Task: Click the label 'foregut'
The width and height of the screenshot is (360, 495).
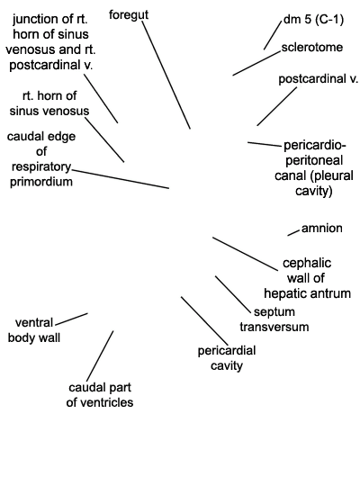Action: click(129, 15)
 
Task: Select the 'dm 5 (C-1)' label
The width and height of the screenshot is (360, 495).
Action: click(313, 20)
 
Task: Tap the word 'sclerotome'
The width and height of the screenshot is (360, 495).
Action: click(312, 48)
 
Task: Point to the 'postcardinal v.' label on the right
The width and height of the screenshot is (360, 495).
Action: click(319, 79)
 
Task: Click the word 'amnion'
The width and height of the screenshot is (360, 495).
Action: click(322, 228)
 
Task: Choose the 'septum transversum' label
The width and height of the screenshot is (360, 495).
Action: click(274, 319)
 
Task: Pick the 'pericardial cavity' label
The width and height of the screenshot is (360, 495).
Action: click(227, 358)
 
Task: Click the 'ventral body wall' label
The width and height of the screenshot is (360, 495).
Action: click(34, 330)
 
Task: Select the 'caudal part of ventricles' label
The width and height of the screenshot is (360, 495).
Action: click(100, 394)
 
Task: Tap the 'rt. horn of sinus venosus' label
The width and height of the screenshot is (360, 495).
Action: click(49, 103)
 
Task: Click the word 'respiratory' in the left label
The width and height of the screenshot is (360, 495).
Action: click(41, 166)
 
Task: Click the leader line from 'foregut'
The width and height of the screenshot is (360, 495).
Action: click(166, 75)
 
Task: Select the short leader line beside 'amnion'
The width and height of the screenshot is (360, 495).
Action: click(293, 233)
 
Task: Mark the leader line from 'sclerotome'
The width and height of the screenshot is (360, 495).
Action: click(256, 63)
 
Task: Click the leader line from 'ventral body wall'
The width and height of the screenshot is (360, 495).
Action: click(71, 319)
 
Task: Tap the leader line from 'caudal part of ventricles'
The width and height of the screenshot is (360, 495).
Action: click(100, 355)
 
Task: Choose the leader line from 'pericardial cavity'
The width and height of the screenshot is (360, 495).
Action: click(204, 320)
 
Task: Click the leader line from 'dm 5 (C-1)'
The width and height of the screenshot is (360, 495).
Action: click(273, 35)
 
